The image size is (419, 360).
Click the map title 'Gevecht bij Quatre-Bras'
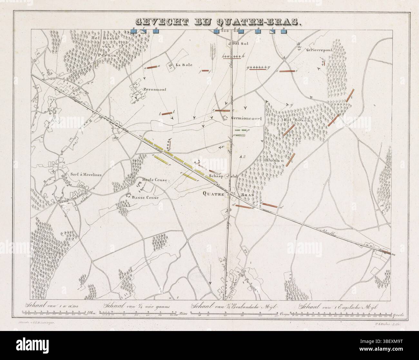[218, 22]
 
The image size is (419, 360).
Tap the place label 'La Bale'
[184, 65]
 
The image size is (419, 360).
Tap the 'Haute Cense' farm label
[154, 181]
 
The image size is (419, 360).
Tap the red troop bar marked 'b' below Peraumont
[167, 113]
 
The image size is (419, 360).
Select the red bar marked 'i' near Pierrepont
[287, 70]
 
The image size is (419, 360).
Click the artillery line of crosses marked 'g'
[258, 67]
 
